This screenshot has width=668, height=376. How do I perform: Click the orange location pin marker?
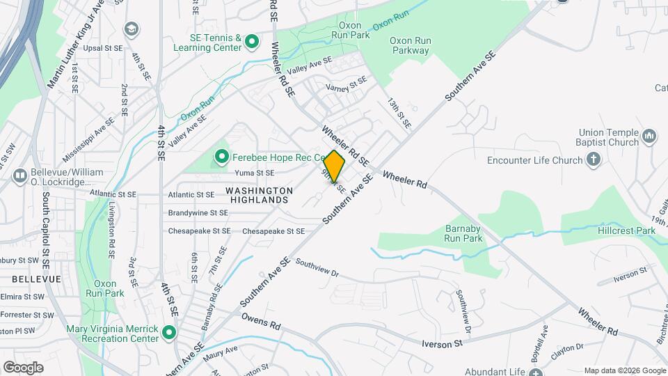click(335, 167)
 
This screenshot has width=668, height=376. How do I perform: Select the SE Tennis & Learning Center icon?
click(253, 42)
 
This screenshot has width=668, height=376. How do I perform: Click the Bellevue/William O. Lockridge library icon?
click(19, 175)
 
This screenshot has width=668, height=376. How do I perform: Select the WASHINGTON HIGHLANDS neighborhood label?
click(258, 195)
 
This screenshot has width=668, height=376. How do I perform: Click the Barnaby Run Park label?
click(463, 233)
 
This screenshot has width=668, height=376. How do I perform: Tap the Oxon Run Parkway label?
click(410, 45)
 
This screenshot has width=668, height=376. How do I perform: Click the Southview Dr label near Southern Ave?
click(317, 268)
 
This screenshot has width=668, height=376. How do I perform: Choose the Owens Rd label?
click(261, 322)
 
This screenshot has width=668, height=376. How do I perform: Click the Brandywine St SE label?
click(198, 213)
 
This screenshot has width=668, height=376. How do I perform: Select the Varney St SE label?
click(346, 86)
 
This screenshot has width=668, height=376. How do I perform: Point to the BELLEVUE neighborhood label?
click(36, 279)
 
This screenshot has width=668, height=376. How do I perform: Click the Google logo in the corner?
click(23, 367)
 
